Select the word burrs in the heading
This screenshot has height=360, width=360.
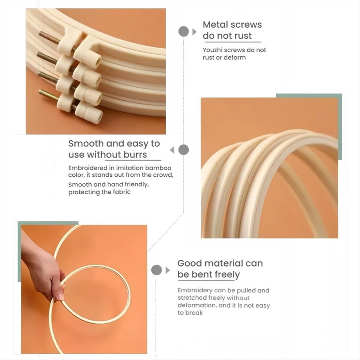[135, 155]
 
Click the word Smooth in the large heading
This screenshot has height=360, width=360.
[86, 144]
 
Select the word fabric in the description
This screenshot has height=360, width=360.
[122, 192]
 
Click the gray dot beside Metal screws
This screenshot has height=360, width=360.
[183, 31]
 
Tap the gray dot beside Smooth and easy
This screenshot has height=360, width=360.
[183, 150]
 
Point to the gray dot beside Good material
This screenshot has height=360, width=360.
[157, 270]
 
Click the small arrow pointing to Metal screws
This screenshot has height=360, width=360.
[195, 32]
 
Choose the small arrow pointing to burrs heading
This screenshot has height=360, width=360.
[172, 150]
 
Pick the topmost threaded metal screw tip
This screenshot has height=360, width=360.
[40, 35]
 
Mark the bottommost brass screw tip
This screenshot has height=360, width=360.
[41, 92]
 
